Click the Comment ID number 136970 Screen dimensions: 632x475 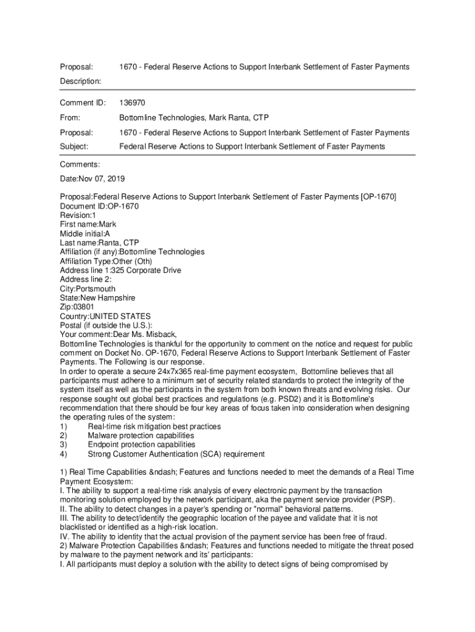click(x=132, y=102)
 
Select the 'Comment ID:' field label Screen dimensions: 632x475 click(x=83, y=102)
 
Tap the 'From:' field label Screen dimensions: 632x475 click(x=71, y=117)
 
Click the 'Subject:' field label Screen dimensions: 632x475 click(x=74, y=146)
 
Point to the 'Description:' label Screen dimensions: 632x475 click(x=81, y=81)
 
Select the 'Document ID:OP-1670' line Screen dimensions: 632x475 click(x=99, y=206)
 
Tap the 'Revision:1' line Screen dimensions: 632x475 click(x=78, y=215)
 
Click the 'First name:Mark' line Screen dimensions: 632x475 click(x=88, y=224)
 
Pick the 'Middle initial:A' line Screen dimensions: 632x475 click(x=85, y=234)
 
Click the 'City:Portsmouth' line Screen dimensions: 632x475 click(x=88, y=289)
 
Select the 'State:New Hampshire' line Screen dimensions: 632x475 click(x=97, y=298)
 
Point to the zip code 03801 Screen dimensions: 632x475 click(x=84, y=307)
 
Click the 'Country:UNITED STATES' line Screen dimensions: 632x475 click(x=105, y=316)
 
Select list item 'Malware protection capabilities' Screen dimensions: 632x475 click(x=141, y=436)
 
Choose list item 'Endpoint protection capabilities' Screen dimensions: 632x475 click(x=142, y=444)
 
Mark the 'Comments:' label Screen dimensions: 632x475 click(x=80, y=164)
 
